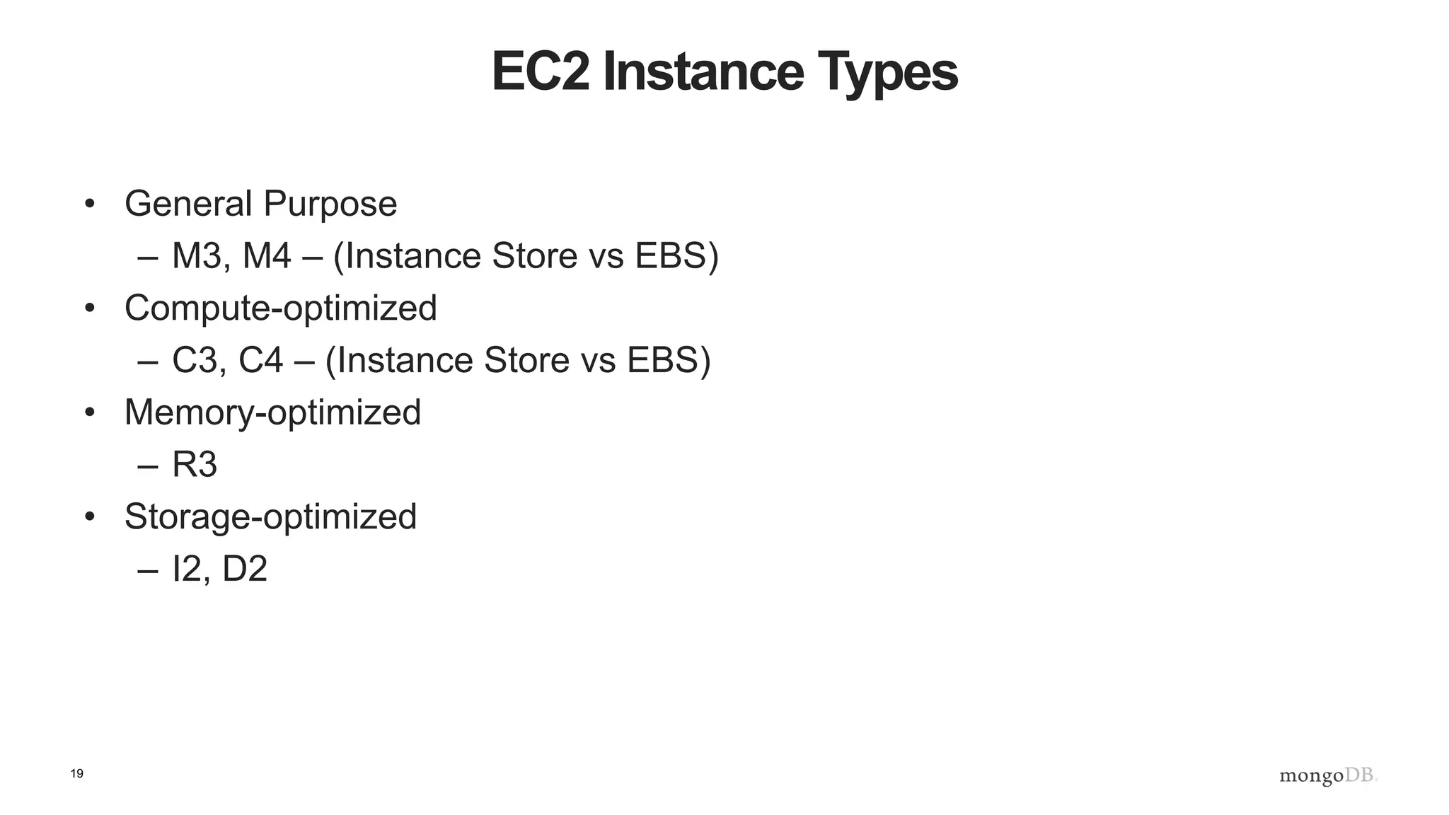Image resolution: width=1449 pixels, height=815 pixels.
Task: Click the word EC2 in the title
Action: coord(540,72)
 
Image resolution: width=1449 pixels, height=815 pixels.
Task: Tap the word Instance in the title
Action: coord(704,72)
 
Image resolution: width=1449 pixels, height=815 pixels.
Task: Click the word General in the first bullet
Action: coord(188,204)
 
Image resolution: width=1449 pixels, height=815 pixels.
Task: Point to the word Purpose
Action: coord(330,205)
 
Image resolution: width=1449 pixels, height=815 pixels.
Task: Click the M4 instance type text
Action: coord(266,256)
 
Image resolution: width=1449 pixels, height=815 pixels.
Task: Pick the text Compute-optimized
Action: coord(280,308)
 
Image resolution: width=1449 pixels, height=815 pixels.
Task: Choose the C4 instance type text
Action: coord(260,360)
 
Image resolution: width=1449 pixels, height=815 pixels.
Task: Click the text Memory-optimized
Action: coord(272,412)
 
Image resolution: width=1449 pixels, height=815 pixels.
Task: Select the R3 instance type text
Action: coord(195,465)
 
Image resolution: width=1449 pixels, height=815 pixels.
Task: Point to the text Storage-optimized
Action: coord(270,517)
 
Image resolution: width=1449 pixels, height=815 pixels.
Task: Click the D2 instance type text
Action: coord(245,569)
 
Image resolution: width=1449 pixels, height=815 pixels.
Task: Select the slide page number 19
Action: coord(77,774)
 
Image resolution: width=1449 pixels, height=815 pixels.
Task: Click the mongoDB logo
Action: coord(1328,775)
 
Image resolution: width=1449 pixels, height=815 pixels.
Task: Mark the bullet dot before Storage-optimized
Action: coord(89,517)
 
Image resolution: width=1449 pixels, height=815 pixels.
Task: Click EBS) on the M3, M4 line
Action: coord(676,256)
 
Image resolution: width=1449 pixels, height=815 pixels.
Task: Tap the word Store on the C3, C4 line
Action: coord(527,360)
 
